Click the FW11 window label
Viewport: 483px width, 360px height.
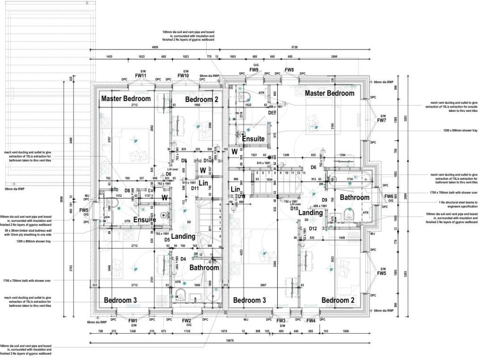coord(141,75)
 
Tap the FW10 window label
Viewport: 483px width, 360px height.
coord(183,75)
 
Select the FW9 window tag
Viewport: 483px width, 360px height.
coord(254,70)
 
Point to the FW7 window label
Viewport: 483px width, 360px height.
coord(382,121)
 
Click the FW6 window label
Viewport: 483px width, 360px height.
coord(389,196)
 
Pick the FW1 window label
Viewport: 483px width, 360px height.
coord(133,321)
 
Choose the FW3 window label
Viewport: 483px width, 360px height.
coord(281,321)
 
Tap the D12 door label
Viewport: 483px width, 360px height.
coord(313,229)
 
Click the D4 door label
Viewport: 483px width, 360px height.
coord(183,259)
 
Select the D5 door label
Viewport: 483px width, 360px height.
coord(167,240)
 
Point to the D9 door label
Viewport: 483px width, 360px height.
coord(325,200)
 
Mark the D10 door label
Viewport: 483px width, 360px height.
coord(294,208)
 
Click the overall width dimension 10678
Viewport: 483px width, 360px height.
coord(229,340)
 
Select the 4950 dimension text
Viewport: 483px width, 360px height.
coord(155,48)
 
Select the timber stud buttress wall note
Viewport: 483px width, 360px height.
coord(25,232)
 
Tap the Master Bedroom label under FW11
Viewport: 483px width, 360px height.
coord(126,99)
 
